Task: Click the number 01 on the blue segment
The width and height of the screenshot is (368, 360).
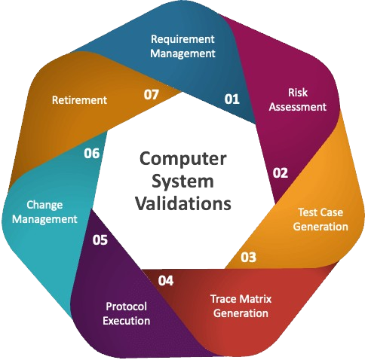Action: pos(232,99)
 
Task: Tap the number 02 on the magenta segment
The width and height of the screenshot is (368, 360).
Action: pos(281,173)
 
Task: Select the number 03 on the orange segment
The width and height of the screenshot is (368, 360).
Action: pos(248,257)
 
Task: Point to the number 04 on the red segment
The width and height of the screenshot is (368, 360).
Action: pos(166,280)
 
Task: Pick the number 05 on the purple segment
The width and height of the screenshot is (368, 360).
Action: pos(100,240)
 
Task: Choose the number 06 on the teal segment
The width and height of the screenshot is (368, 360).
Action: pos(92,154)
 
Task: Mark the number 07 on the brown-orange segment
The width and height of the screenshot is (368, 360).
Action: pos(152,95)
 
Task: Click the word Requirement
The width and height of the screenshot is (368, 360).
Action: pos(182,39)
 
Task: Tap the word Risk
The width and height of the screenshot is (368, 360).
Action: pos(298,93)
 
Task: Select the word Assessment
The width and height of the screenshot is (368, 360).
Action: pos(298,107)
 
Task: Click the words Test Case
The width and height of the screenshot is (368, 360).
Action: pos(320,212)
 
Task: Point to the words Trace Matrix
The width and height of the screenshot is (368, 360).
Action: pos(241,299)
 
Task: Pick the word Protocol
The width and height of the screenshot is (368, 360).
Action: pos(126,307)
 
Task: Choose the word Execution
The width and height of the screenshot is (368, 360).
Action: pos(126,321)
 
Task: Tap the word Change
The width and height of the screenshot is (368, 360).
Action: pos(44,206)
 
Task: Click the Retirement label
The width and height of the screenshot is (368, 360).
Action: pos(79,100)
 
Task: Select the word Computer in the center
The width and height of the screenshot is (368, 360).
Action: pos(183,159)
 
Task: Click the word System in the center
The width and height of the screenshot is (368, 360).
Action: pos(182,182)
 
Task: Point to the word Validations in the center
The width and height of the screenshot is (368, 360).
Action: pos(183,203)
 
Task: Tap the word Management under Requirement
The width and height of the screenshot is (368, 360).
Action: pos(182,53)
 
